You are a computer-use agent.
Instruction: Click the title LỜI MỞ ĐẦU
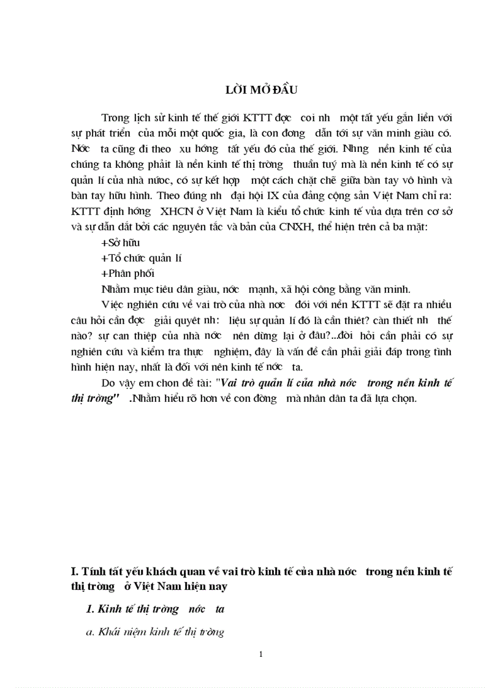click(x=261, y=90)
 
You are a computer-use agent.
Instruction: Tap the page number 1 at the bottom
click(x=261, y=654)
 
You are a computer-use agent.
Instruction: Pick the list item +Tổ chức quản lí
click(x=141, y=258)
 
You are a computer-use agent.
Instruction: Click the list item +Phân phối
click(x=127, y=273)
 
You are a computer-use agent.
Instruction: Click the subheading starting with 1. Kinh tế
click(x=156, y=609)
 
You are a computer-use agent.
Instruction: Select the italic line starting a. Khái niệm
click(x=155, y=632)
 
